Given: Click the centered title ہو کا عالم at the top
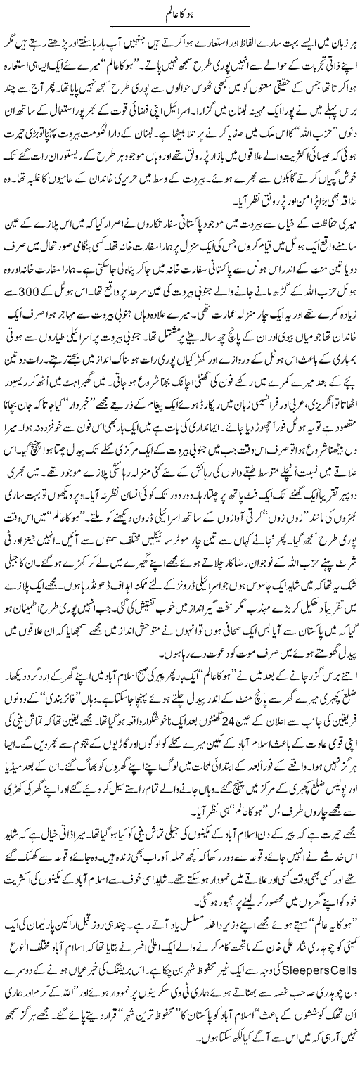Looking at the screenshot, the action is (x=180, y=12).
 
